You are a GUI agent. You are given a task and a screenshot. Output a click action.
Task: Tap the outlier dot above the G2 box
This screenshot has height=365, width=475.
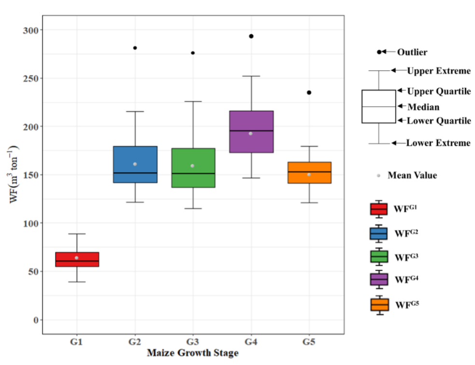pyautogui.click(x=135, y=48)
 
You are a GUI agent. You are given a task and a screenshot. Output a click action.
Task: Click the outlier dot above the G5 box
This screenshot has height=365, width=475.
pyautogui.click(x=309, y=92)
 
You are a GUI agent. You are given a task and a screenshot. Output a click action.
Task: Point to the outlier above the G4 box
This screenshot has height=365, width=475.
pyautogui.click(x=251, y=36)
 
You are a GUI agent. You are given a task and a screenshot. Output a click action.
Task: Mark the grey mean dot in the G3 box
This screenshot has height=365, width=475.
pyautogui.click(x=192, y=166)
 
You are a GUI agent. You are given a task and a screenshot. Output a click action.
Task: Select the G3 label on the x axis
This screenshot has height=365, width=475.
pyautogui.click(x=192, y=342)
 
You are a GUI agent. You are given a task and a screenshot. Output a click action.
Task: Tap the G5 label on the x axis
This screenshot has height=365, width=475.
pyautogui.click(x=309, y=342)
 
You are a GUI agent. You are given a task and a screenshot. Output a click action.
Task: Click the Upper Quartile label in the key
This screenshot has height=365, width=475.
pyautogui.click(x=439, y=91)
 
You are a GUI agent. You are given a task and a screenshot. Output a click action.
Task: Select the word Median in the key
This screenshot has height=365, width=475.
pyautogui.click(x=424, y=106)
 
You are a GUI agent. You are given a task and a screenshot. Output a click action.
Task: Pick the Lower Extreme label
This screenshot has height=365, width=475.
pyautogui.click(x=438, y=143)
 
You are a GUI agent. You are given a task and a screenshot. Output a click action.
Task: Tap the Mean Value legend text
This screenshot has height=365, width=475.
pyautogui.click(x=412, y=175)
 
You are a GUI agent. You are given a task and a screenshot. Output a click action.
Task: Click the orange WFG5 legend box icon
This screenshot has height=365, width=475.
pyautogui.click(x=379, y=304)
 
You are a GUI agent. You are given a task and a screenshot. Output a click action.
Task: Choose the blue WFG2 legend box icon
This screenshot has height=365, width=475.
pyautogui.click(x=379, y=233)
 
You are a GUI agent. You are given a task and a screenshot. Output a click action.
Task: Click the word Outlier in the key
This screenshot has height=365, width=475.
pyautogui.click(x=412, y=52)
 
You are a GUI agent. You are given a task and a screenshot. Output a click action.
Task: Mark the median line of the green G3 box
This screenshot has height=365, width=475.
pyautogui.click(x=193, y=173)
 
